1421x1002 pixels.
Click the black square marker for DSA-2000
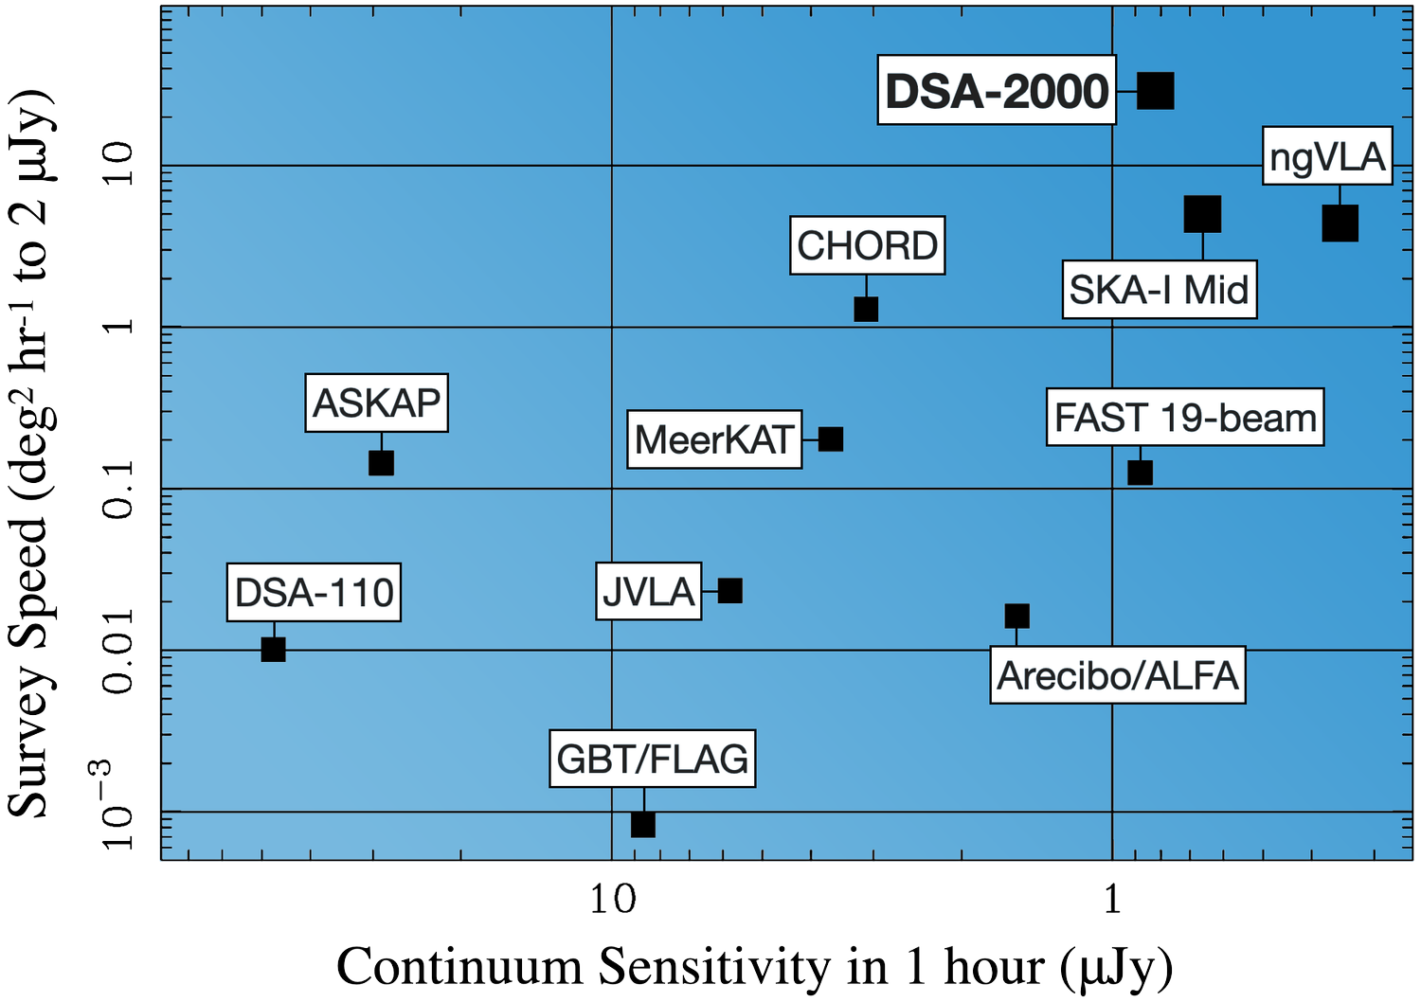click(x=1155, y=91)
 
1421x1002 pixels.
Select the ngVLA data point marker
click(x=1340, y=224)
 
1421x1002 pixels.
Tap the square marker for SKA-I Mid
click(x=1202, y=215)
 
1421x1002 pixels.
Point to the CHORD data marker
click(x=866, y=309)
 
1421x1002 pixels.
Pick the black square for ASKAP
click(x=381, y=463)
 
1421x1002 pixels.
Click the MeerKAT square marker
click(x=831, y=439)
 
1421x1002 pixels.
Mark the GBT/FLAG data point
click(x=643, y=825)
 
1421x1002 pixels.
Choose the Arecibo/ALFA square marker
click(x=1016, y=617)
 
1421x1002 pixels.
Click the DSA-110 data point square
click(x=273, y=650)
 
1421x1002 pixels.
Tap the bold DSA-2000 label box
click(x=997, y=91)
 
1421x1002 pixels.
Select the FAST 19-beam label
click(x=1184, y=418)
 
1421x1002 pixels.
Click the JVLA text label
click(x=649, y=592)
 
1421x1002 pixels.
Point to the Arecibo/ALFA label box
click(x=1117, y=675)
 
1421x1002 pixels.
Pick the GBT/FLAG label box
click(x=652, y=759)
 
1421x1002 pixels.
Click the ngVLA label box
click(x=1327, y=156)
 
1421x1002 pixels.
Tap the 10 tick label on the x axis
click(x=613, y=897)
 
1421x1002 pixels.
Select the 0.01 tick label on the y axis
click(x=120, y=651)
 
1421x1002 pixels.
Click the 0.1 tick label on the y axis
click(x=120, y=490)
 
